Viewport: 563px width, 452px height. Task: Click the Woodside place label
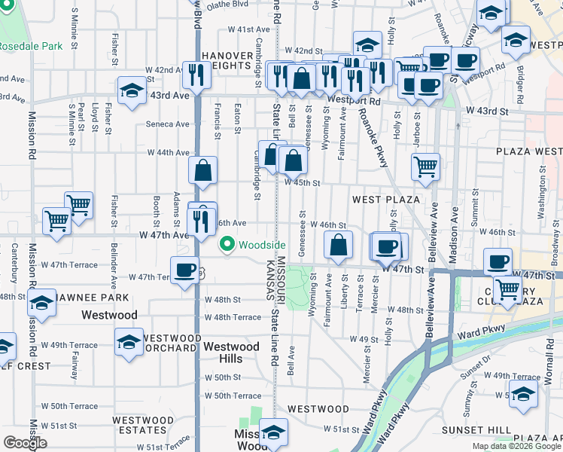(x=263, y=245)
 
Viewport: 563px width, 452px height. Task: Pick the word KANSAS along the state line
(x=269, y=280)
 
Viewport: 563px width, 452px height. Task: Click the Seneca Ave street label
(x=167, y=124)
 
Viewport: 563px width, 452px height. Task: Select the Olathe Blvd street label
(x=226, y=4)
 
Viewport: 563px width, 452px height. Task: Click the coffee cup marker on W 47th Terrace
(x=184, y=271)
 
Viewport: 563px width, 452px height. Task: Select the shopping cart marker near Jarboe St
(x=426, y=167)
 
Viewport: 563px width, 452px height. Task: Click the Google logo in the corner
(x=25, y=443)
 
